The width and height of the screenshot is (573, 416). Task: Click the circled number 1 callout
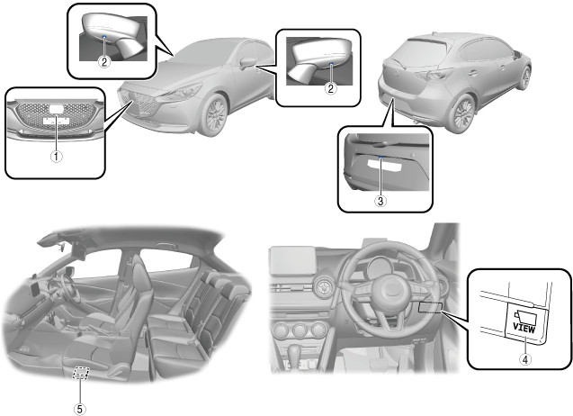(56, 156)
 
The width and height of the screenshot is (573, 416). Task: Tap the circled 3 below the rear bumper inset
(381, 202)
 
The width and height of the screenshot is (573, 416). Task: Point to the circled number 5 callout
(83, 401)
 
